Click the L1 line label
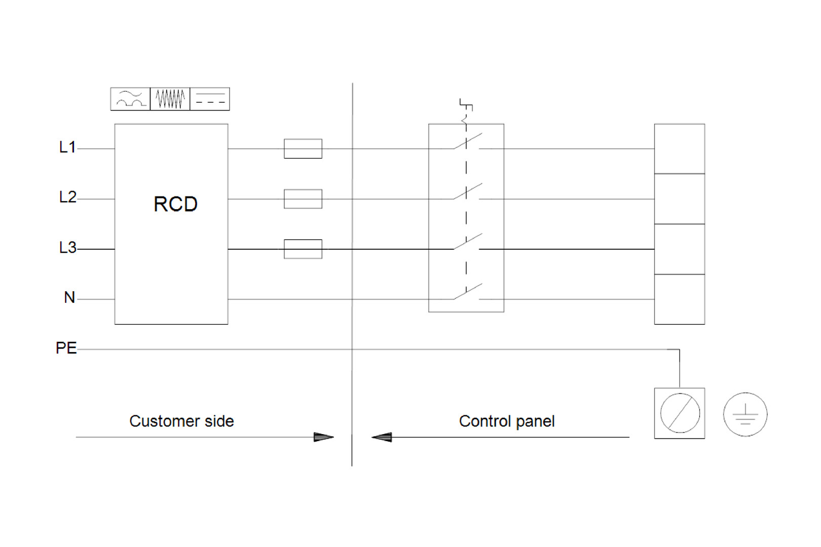pyautogui.click(x=67, y=147)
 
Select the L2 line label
pyautogui.click(x=68, y=197)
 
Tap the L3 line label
pyautogui.click(x=68, y=247)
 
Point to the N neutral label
pyautogui.click(x=69, y=297)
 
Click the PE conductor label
pyautogui.click(x=66, y=347)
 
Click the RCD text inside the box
pyautogui.click(x=175, y=204)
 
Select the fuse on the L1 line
pyautogui.click(x=303, y=149)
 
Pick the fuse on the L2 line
pyautogui.click(x=303, y=199)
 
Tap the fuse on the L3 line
pyautogui.click(x=303, y=249)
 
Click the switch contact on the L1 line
pyautogui.click(x=468, y=141)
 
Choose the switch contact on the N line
pyautogui.click(x=468, y=292)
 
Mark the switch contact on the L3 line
pyautogui.click(x=468, y=242)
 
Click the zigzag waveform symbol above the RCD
pyautogui.click(x=170, y=99)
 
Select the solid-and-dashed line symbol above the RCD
pyautogui.click(x=210, y=99)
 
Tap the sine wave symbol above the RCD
pyautogui.click(x=130, y=99)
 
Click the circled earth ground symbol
pyautogui.click(x=745, y=414)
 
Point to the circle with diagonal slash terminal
pyautogui.click(x=680, y=413)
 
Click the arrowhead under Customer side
pyautogui.click(x=324, y=437)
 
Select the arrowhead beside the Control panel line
pyautogui.click(x=382, y=437)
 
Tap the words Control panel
pyautogui.click(x=507, y=421)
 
